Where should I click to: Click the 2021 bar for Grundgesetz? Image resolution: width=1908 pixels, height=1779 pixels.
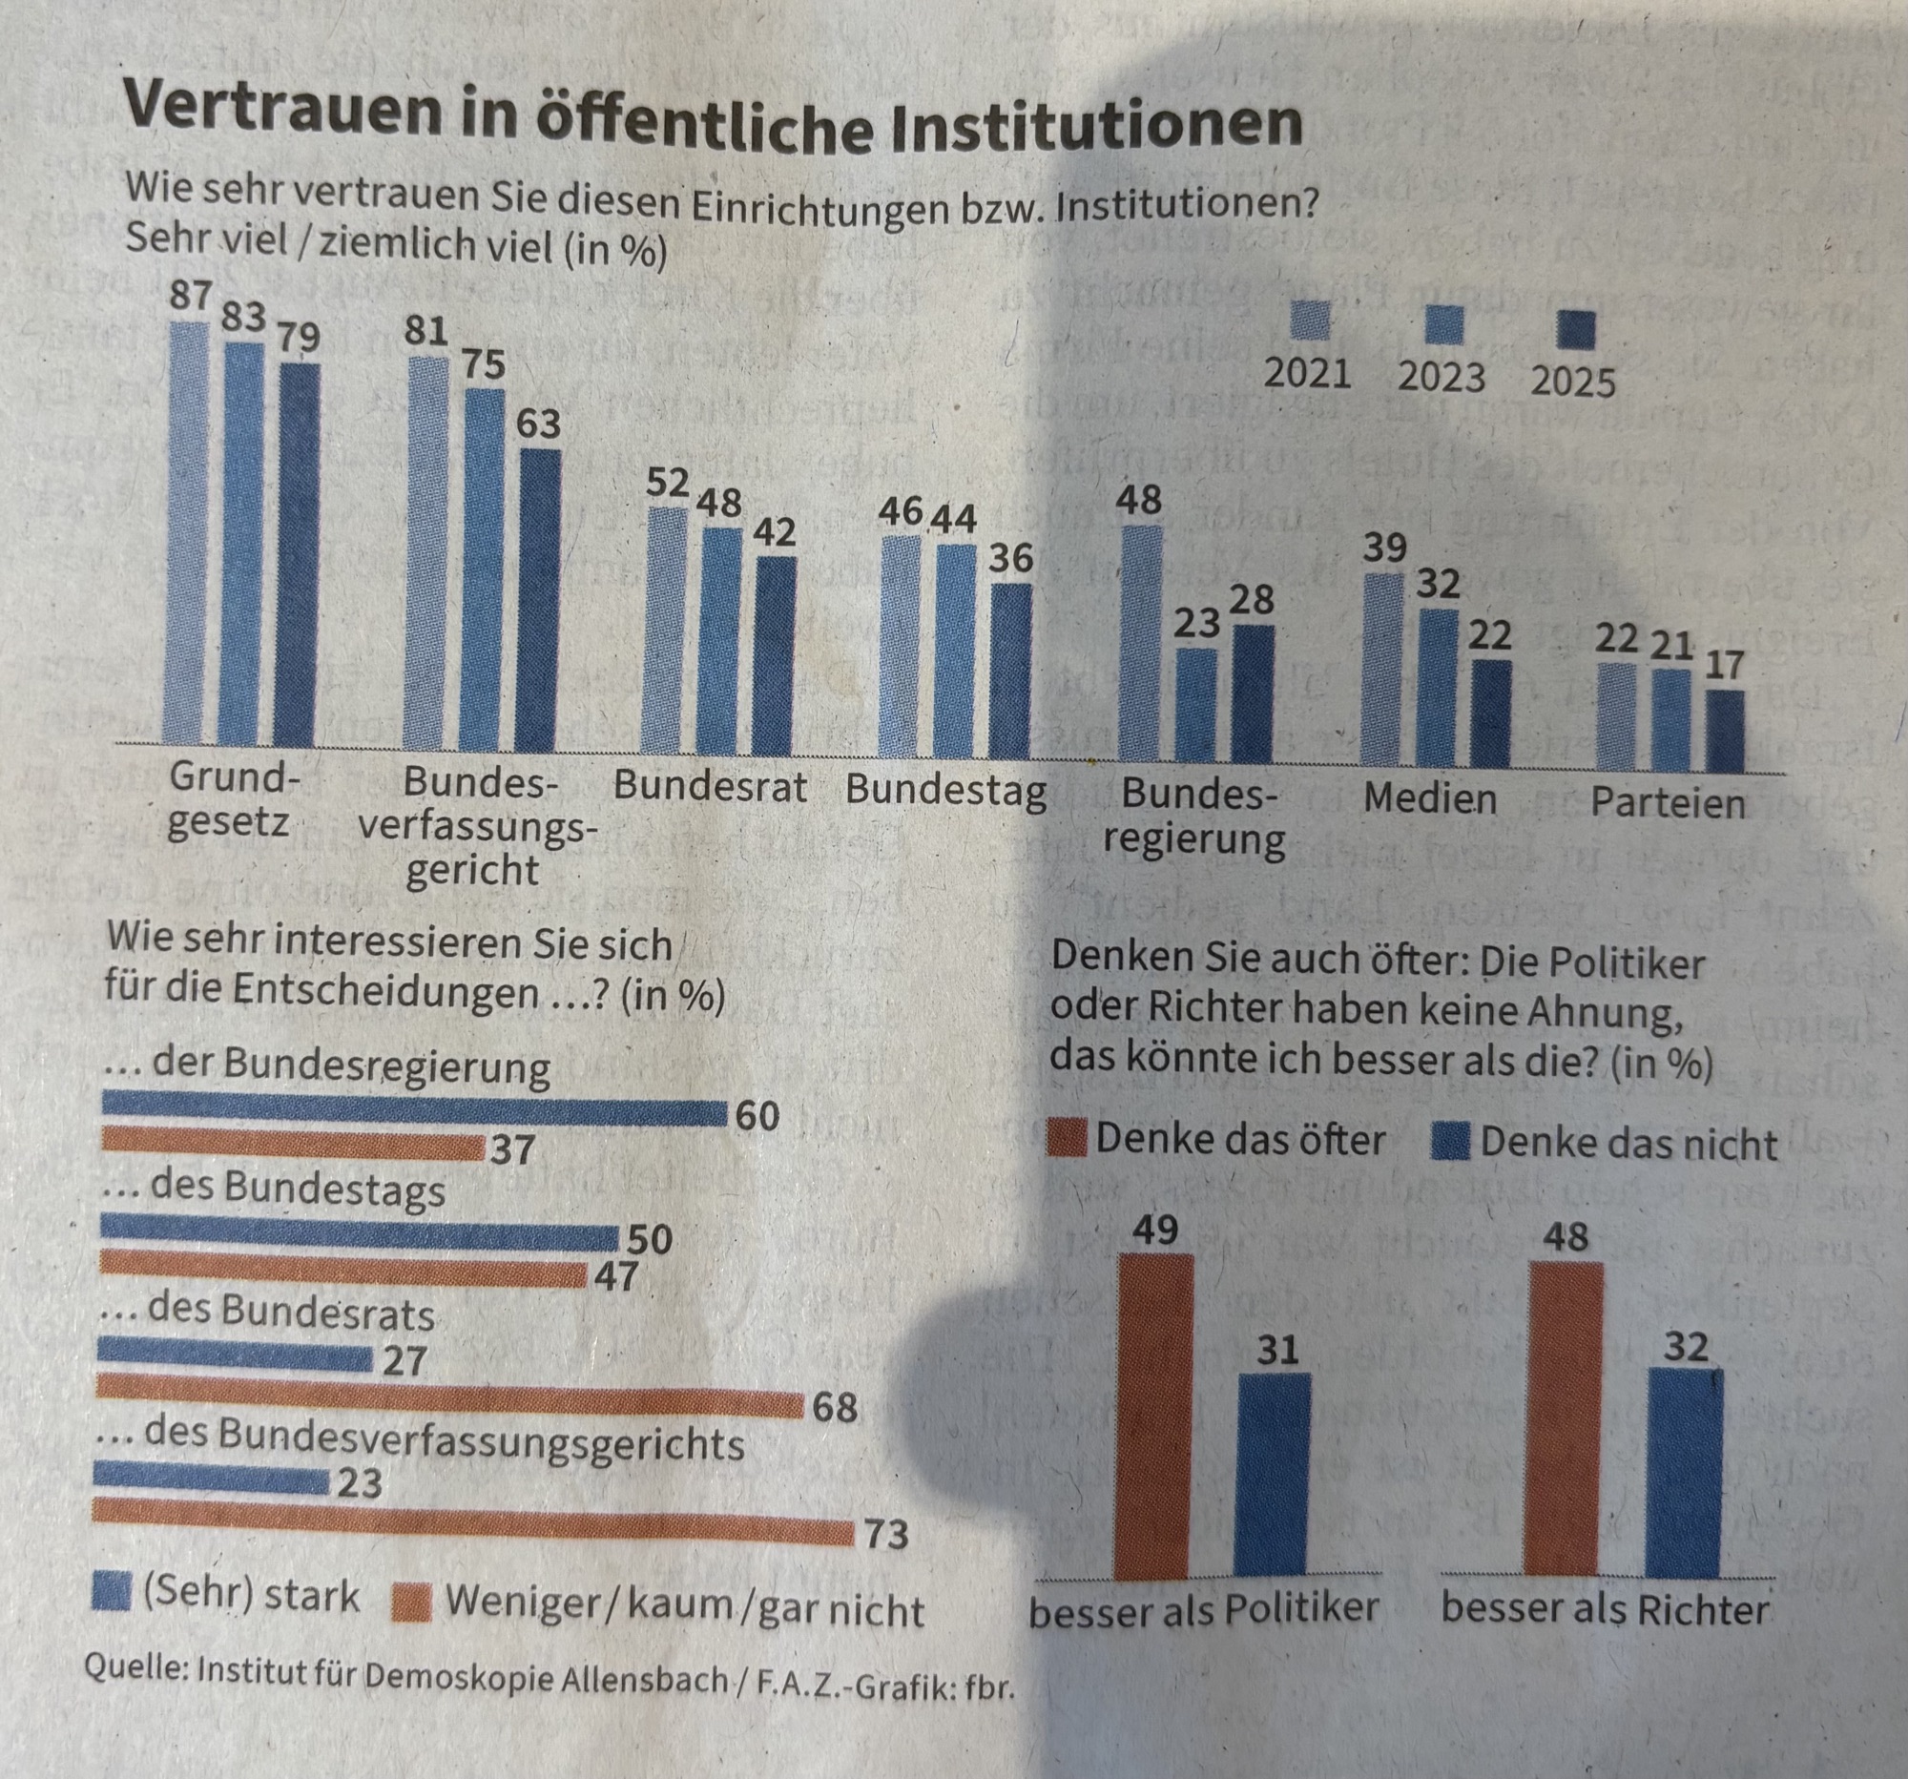click(188, 532)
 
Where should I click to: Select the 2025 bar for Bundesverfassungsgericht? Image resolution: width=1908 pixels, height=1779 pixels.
click(539, 600)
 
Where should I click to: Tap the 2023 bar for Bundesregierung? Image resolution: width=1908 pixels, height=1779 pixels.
click(1196, 705)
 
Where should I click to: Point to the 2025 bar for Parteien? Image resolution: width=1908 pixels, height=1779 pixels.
click(1725, 732)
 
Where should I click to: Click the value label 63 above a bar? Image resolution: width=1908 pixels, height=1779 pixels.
click(538, 424)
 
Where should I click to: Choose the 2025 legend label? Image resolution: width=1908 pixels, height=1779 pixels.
click(1573, 383)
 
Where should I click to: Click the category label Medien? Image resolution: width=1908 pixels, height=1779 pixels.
click(1430, 798)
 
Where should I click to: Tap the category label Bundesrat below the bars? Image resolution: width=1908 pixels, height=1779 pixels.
click(710, 786)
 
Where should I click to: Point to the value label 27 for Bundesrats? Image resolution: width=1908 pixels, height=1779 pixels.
click(404, 1361)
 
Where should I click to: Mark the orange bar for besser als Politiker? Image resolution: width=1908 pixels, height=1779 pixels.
click(1155, 1415)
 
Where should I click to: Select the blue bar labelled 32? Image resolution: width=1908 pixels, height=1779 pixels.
click(1686, 1473)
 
